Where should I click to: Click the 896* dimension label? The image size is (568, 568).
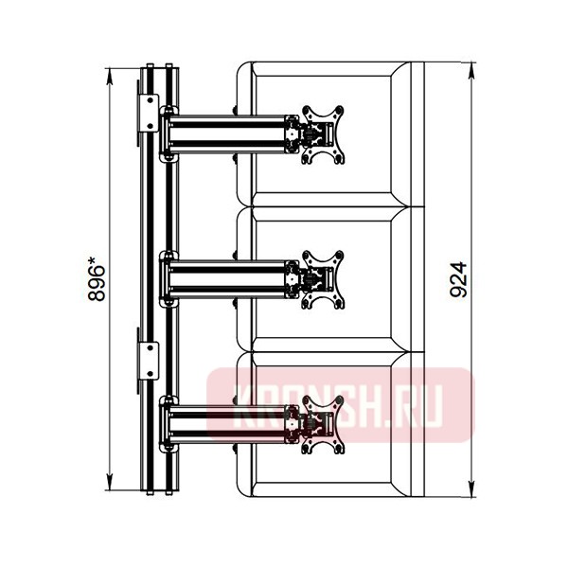point(97,278)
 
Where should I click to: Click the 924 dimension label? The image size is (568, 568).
point(458,279)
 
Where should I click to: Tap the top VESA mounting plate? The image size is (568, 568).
point(323,134)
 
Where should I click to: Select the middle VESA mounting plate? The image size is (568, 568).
point(323,279)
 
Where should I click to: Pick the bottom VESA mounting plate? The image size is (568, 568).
point(323,424)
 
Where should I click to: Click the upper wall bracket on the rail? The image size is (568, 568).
point(149,113)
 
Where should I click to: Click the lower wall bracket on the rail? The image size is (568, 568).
point(149,361)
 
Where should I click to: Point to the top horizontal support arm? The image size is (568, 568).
point(227,134)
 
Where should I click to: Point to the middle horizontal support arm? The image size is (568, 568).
point(227,279)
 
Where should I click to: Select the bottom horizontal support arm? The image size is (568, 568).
point(227,424)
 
